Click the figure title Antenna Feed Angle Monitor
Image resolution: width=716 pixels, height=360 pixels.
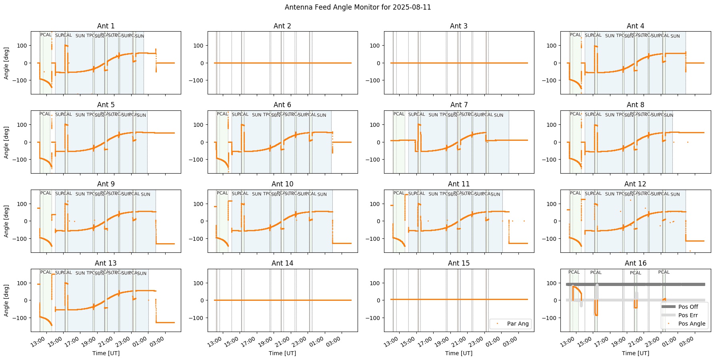(358, 7)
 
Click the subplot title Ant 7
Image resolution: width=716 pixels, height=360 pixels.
(459, 105)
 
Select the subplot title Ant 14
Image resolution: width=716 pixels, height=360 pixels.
(282, 263)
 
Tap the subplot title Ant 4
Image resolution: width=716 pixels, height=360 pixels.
(635, 26)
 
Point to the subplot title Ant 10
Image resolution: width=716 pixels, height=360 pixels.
(282, 184)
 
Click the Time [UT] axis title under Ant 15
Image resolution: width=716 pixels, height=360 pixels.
(459, 353)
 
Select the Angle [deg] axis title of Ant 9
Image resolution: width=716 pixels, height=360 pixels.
(7, 221)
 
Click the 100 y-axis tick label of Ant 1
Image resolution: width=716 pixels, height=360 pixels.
(22, 45)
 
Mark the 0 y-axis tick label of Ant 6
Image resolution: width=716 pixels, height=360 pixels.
(202, 142)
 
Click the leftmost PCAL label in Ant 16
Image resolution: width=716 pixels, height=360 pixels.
(574, 272)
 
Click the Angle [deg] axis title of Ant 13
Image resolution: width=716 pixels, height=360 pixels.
(7, 300)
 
